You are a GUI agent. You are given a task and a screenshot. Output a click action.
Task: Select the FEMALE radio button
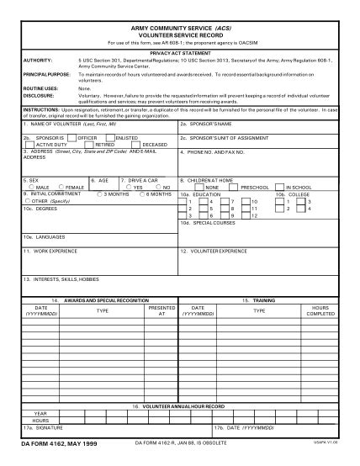[61, 187]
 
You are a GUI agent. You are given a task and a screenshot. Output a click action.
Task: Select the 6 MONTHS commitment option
[141, 193]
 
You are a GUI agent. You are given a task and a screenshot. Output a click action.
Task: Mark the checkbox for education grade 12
[246, 215]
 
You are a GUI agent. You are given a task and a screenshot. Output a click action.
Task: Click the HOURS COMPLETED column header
[320, 311]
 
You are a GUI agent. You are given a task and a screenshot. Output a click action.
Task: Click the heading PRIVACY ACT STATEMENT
[180, 52]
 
